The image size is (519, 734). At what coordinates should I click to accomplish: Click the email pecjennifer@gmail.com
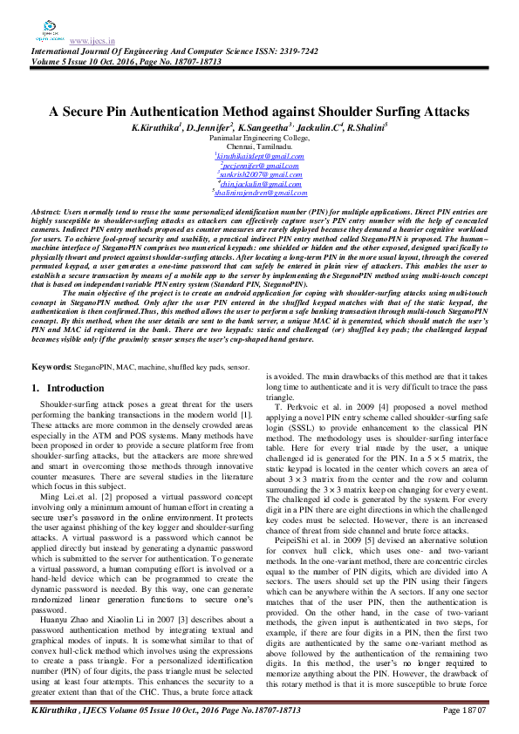259,165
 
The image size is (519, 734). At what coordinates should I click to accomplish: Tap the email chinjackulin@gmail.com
259,183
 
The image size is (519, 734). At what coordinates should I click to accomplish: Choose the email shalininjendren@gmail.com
259,193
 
